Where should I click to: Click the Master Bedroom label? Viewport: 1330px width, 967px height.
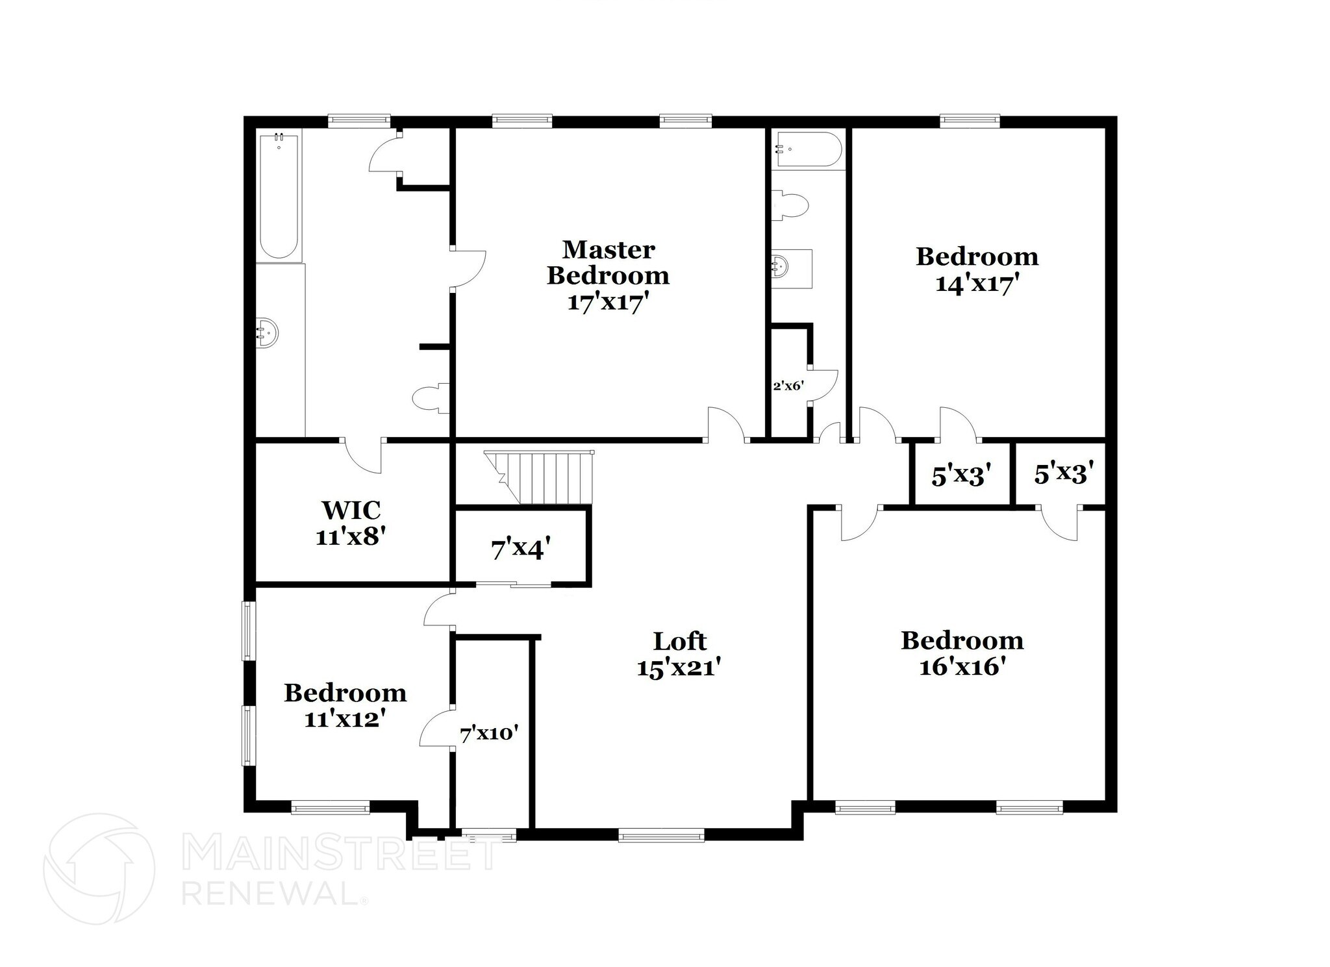pos(608,262)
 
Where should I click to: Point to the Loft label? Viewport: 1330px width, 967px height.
pos(679,642)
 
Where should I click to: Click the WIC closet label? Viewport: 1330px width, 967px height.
pos(351,510)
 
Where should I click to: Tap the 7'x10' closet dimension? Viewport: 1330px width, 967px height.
pos(489,735)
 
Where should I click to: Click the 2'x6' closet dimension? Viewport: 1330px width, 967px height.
pos(788,386)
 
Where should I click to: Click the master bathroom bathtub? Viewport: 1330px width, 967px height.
pos(279,197)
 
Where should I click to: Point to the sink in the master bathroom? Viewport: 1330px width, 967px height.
pos(266,333)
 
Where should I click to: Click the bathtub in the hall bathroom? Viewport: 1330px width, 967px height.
pos(807,149)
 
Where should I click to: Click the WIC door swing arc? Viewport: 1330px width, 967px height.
pos(364,457)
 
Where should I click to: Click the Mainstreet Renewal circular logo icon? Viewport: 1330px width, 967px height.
pos(99,869)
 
